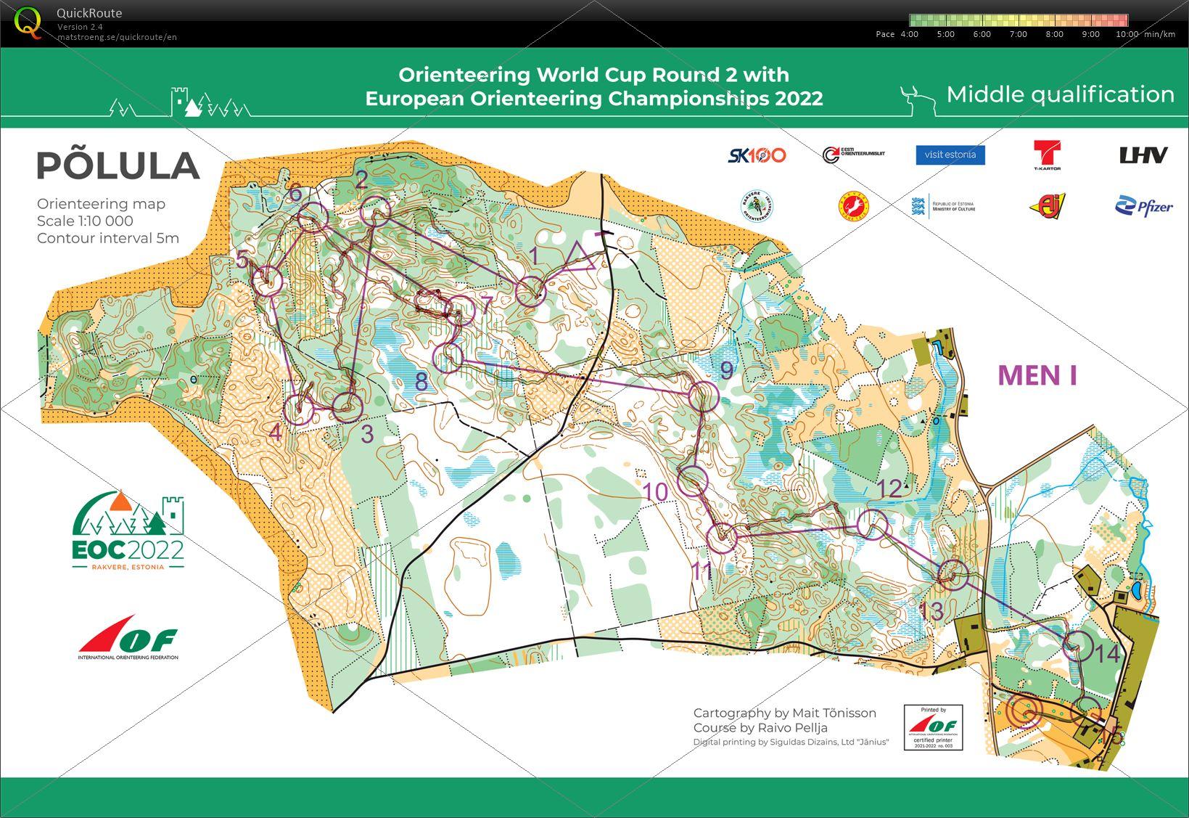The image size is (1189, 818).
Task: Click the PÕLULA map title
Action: click(x=118, y=166)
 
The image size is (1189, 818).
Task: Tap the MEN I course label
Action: click(x=1037, y=375)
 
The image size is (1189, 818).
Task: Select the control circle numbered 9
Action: click(x=703, y=396)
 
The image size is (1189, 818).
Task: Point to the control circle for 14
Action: click(x=1078, y=645)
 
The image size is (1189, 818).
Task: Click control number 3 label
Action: click(x=367, y=434)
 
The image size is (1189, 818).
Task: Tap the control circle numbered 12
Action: click(x=872, y=525)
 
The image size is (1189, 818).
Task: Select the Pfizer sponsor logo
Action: click(x=1143, y=207)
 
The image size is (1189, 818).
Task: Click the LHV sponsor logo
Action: click(x=1143, y=155)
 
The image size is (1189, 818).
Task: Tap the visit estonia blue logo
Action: click(x=950, y=155)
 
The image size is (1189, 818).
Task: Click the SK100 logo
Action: click(x=757, y=155)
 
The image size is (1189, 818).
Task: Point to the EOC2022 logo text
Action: click(x=128, y=548)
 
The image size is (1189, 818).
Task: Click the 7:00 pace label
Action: click(x=1018, y=34)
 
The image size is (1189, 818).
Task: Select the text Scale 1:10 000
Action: click(x=85, y=221)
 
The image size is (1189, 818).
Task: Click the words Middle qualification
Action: click(x=1060, y=94)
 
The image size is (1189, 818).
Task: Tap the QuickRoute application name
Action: click(x=89, y=13)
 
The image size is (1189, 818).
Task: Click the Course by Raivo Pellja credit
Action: click(x=760, y=727)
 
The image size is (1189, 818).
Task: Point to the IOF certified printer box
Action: click(x=933, y=727)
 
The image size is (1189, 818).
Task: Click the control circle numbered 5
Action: click(x=268, y=280)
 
